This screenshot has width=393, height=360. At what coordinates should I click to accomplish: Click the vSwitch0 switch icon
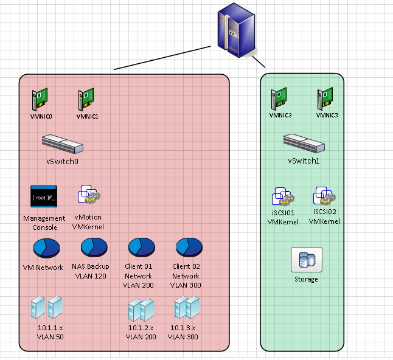point(63,144)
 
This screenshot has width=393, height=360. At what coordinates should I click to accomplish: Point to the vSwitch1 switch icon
point(304,144)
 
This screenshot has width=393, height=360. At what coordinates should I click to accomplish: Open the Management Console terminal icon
point(44,197)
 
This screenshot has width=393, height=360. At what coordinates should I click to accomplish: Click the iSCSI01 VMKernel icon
point(283,197)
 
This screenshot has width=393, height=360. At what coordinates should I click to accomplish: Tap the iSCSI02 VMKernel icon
point(325,196)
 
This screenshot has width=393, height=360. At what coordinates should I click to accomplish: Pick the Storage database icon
point(307,260)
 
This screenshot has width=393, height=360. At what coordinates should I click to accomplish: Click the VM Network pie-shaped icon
point(46,248)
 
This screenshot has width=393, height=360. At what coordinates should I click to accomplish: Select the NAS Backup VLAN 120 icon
point(94,247)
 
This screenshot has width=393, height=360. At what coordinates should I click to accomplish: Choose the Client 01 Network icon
point(142,247)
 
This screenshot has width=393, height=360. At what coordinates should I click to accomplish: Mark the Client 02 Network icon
point(189,247)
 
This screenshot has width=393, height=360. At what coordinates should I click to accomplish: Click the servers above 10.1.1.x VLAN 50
point(47,308)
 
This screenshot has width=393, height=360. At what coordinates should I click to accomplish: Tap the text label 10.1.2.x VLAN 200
point(142,332)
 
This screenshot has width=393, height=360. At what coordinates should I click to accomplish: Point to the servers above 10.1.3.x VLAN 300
point(187,308)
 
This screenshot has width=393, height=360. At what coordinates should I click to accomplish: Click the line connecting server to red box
point(164,58)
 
